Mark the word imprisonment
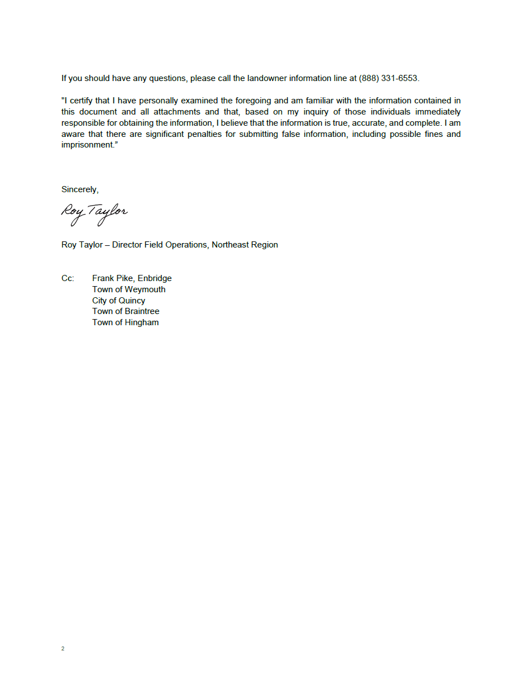point(87,145)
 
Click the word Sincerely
point(79,190)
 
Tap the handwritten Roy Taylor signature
point(94,213)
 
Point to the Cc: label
point(68,278)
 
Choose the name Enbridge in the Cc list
point(155,278)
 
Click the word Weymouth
point(145,289)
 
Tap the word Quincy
point(132,301)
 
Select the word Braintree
point(142,311)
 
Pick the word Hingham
point(142,322)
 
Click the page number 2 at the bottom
point(63,649)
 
